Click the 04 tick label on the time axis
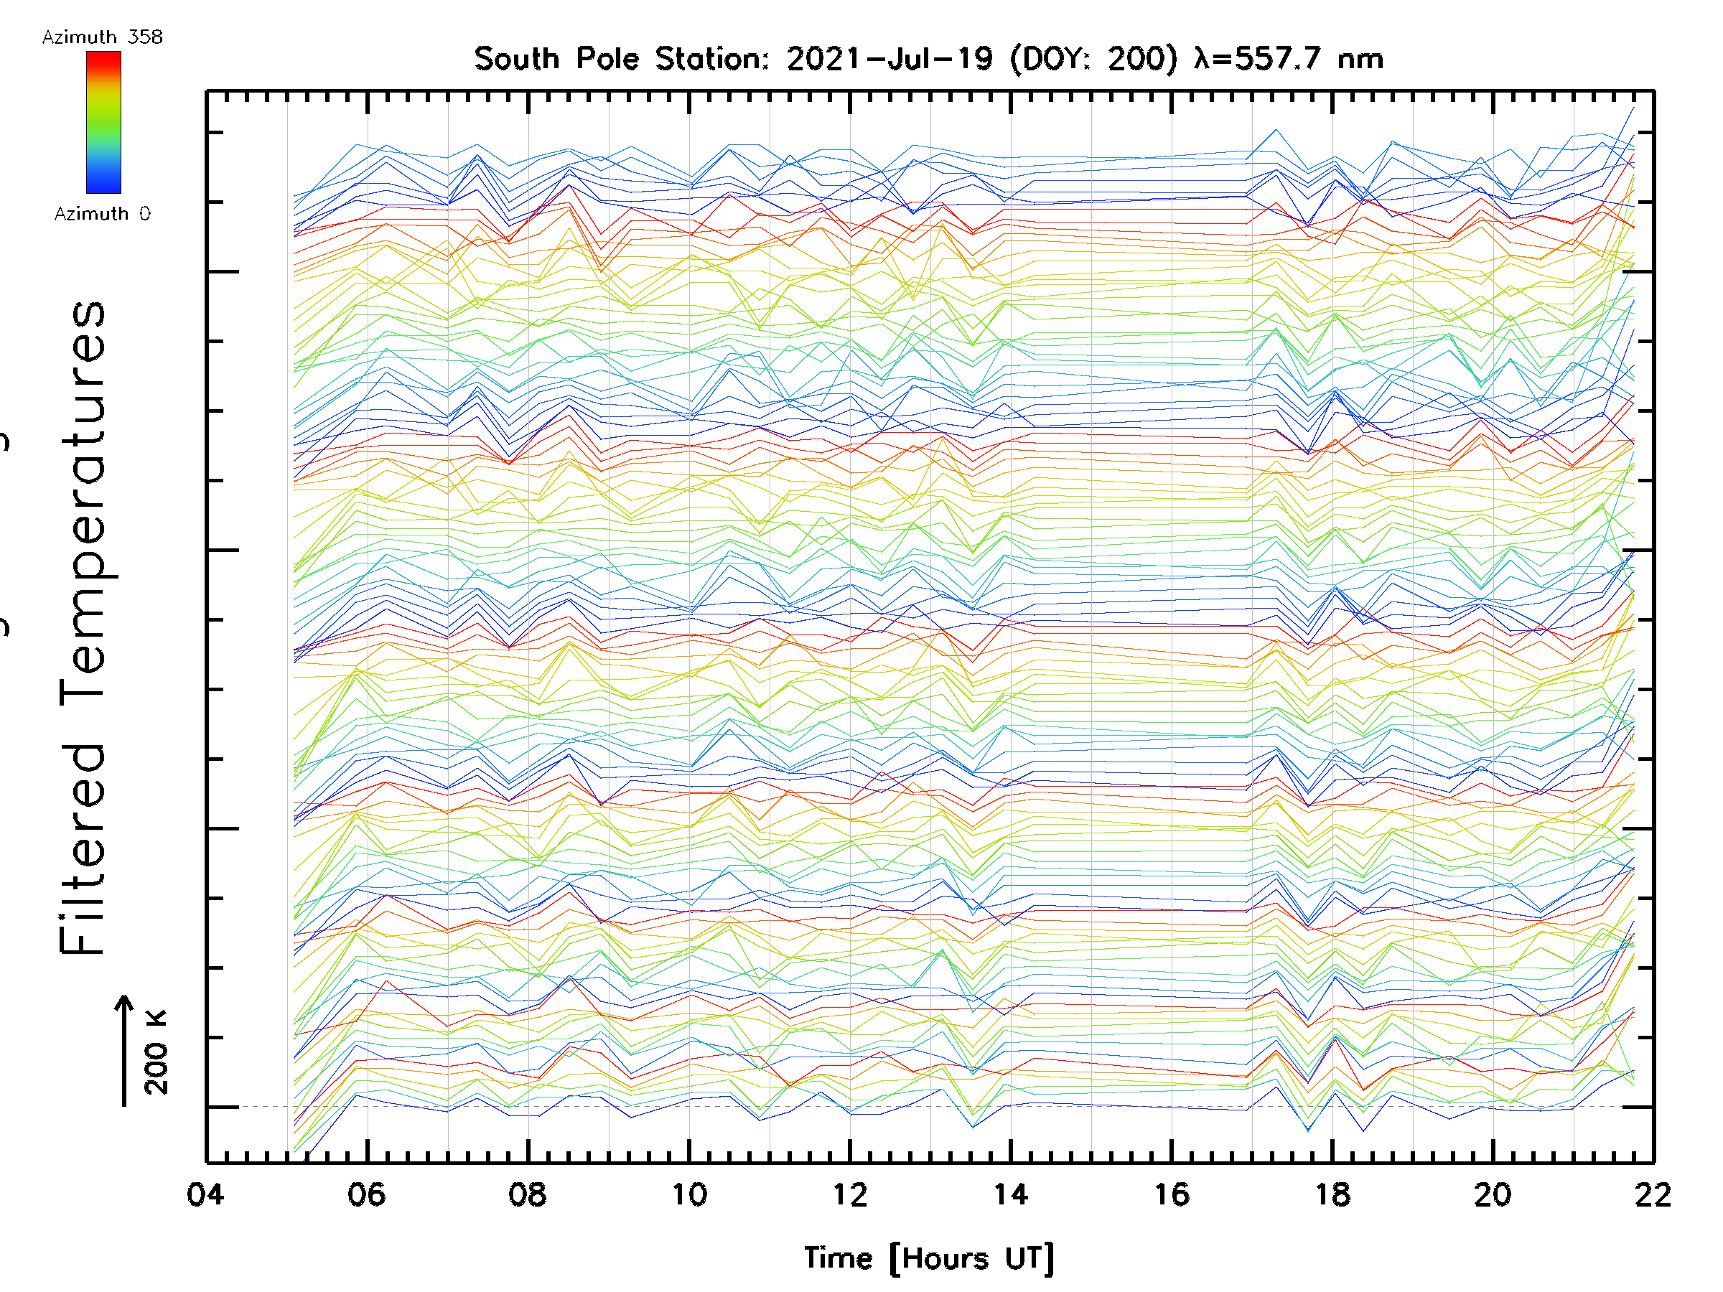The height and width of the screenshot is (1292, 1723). (205, 1194)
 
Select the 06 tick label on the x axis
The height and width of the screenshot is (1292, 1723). (366, 1194)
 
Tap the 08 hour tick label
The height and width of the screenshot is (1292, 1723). (528, 1194)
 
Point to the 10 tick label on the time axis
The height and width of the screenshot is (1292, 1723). (688, 1194)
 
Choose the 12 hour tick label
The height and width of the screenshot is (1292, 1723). (849, 1194)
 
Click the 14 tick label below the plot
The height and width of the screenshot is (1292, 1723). (1010, 1194)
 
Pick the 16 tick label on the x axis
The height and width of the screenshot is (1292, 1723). (1172, 1194)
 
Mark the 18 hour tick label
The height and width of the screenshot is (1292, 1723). (1332, 1194)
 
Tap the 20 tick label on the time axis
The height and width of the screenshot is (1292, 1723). (1493, 1194)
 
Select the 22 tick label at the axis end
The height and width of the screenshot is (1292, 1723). (1653, 1194)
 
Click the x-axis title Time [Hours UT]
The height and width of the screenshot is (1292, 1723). (928, 1258)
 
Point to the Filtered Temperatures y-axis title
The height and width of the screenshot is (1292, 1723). (83, 627)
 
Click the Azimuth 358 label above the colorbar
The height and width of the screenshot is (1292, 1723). (102, 37)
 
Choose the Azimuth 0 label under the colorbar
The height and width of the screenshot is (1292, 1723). (102, 213)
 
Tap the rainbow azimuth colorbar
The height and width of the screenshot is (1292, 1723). (103, 122)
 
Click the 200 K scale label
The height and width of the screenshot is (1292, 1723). (157, 1052)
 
